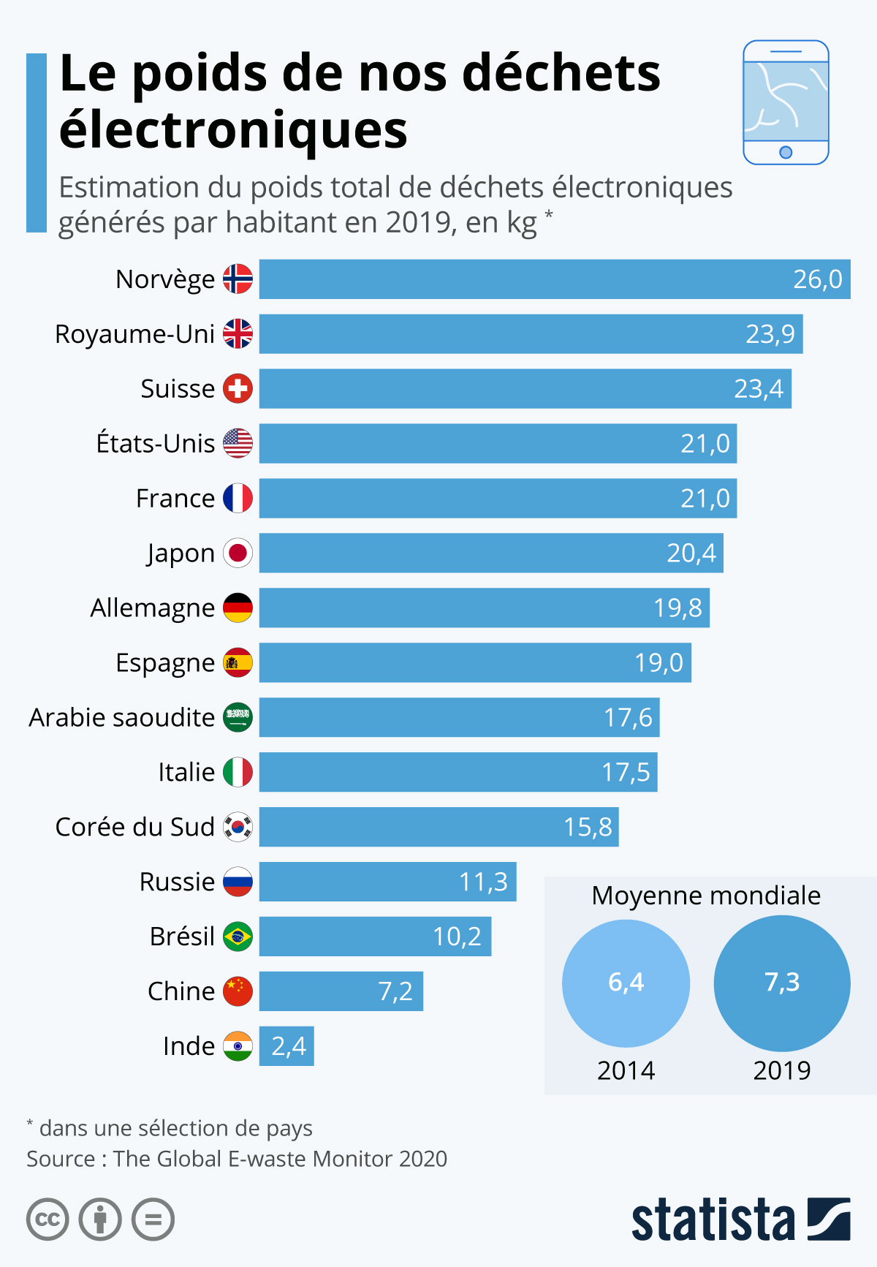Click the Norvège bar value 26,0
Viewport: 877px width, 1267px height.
[817, 279]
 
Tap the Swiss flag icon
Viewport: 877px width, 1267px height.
[238, 388]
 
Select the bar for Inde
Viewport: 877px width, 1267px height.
[286, 1046]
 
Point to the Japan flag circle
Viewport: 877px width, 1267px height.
[238, 553]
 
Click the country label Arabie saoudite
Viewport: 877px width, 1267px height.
[121, 717]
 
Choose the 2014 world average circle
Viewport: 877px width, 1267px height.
[626, 983]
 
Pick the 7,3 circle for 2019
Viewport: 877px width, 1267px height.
[781, 983]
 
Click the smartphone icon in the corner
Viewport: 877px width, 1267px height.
[786, 102]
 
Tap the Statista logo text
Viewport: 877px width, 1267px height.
[713, 1219]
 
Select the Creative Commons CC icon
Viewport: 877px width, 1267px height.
[48, 1219]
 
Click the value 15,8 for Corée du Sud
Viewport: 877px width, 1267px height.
[588, 827]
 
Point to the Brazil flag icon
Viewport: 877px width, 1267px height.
[238, 937]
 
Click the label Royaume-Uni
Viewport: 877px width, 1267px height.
[134, 334]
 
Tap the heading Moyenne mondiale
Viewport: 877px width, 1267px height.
[706, 896]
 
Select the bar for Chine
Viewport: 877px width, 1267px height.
[341, 991]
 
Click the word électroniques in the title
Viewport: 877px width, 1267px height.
[233, 130]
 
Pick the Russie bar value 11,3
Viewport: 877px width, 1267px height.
[483, 882]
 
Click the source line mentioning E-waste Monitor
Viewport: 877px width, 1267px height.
[237, 1159]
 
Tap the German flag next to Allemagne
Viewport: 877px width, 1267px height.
[238, 608]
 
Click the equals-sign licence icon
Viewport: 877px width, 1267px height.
[153, 1219]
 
